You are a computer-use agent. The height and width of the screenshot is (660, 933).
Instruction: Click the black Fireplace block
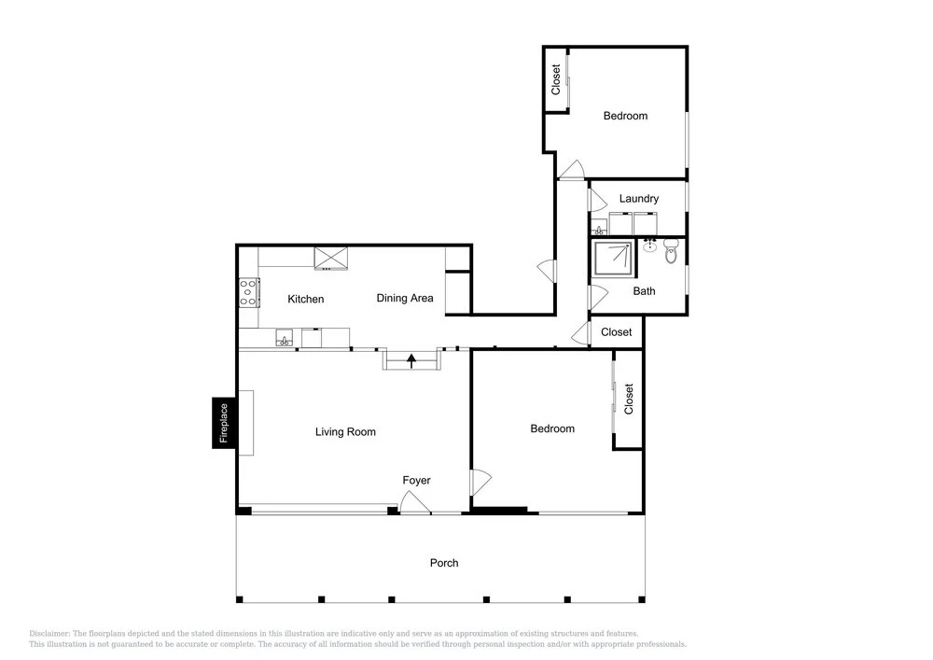(224, 423)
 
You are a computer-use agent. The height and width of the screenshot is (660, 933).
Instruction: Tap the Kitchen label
(306, 299)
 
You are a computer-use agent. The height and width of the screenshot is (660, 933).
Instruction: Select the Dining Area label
(405, 298)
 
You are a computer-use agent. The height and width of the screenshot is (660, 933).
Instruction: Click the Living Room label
(345, 432)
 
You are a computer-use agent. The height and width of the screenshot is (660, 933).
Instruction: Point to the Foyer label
(416, 480)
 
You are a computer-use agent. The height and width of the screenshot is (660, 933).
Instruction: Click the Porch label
(444, 563)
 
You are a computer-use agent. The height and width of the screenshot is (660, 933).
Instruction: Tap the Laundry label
(638, 199)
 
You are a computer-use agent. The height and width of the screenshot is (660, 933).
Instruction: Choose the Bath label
(644, 291)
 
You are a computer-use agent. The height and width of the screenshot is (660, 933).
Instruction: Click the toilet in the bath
(671, 251)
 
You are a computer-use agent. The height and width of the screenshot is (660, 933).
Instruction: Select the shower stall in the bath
(614, 259)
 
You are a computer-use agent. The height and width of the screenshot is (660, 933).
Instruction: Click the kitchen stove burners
(249, 293)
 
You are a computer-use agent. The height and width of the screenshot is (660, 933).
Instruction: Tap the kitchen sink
(285, 338)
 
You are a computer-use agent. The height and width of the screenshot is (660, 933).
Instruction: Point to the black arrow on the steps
(411, 360)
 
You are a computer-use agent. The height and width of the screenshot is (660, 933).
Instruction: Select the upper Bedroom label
(625, 116)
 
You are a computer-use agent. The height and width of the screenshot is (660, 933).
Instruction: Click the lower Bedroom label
(552, 428)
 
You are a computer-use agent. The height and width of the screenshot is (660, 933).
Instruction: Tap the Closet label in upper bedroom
(556, 79)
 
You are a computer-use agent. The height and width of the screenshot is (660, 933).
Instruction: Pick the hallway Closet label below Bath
(616, 332)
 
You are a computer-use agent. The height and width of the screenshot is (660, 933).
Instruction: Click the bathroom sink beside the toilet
(649, 245)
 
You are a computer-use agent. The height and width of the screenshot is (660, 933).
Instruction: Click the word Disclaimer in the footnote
(49, 634)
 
